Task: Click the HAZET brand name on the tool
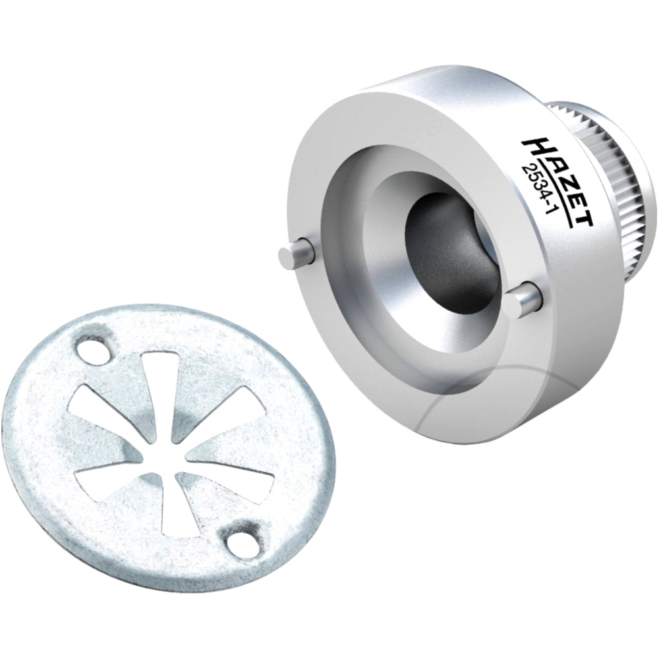point(558,182)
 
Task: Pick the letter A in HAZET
point(546,164)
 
